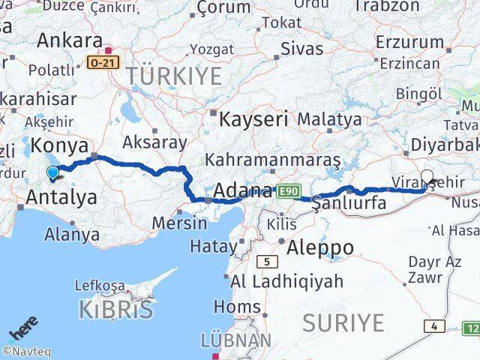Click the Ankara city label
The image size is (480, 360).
click(x=70, y=40)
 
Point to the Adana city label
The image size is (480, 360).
click(x=242, y=190)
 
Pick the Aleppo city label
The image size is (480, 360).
click(x=320, y=247)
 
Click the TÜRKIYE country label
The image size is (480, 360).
click(x=174, y=76)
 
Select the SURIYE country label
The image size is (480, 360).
click(x=343, y=322)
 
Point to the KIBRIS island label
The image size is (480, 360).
click(x=116, y=309)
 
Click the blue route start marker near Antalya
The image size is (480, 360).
click(x=52, y=172)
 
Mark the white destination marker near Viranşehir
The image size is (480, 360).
click(x=427, y=177)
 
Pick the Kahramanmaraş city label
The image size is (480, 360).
click(x=272, y=160)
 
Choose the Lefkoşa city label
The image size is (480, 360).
click(x=100, y=285)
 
